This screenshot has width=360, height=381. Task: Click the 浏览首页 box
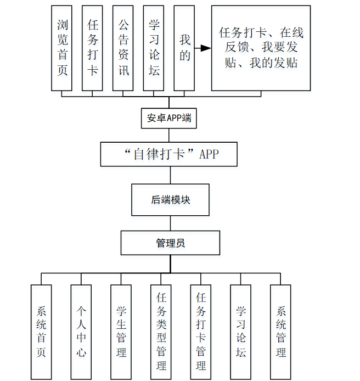click(x=62, y=48)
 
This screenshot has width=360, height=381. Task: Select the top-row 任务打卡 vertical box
click(x=93, y=48)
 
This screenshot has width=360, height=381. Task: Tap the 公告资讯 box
click(x=123, y=48)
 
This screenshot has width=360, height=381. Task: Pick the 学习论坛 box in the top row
click(x=154, y=48)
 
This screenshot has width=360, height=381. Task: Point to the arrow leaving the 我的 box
click(x=203, y=48)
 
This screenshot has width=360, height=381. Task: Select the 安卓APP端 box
click(x=170, y=118)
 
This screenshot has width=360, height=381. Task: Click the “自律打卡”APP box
click(x=169, y=154)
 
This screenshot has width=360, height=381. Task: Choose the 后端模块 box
click(x=170, y=200)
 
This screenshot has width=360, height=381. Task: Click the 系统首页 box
click(x=41, y=332)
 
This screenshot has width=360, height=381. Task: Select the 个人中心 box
click(x=81, y=332)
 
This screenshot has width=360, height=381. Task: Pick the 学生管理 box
click(x=121, y=332)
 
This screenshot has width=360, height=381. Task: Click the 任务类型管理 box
click(x=161, y=332)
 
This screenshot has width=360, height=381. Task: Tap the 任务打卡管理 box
click(x=201, y=332)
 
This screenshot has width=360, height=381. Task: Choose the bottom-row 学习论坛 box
click(x=241, y=332)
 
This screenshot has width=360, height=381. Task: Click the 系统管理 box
click(x=280, y=332)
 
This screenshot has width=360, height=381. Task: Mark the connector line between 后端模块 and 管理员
click(x=170, y=223)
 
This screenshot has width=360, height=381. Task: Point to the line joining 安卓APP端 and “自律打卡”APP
click(x=170, y=135)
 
